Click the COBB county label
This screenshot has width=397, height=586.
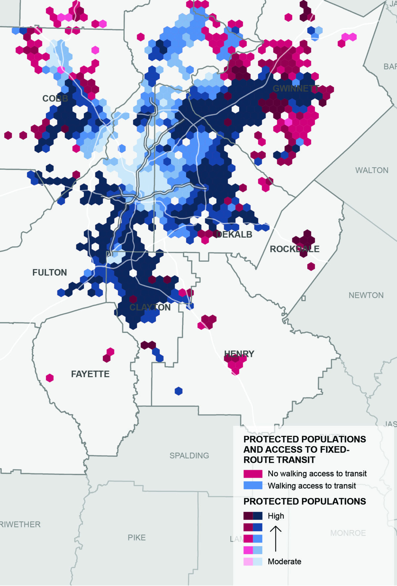pos(55,98)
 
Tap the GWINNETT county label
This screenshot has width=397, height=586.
pos(295,89)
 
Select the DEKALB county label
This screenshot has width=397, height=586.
pos(234,235)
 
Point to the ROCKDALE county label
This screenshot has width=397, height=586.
pos(294,249)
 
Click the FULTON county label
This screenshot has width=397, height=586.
pos(50,272)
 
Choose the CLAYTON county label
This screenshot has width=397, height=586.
pos(150,307)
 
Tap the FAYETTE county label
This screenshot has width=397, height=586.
pos(90,374)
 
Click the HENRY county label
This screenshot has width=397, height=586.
pos(239,354)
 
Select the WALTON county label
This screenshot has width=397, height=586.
pos(372,170)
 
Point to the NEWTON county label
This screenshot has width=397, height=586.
pos(366,295)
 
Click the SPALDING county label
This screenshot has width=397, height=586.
pos(189,455)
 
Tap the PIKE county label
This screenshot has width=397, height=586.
pos(137,537)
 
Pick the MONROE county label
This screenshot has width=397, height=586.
pos(348,533)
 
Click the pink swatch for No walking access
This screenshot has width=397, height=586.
pos(253,474)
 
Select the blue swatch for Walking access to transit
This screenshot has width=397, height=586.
pos(253,486)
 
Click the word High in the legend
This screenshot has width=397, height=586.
pos(276,516)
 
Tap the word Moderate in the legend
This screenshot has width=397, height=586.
pos(285,562)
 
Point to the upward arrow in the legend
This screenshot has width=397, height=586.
pos(276,538)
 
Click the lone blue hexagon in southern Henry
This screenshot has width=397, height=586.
pos(179,391)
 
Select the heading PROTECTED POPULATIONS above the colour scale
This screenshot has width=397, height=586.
pos(304,501)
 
